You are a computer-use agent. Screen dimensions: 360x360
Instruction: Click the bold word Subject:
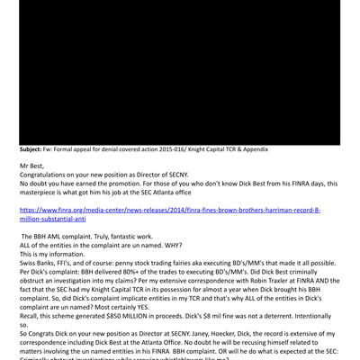point(39,149)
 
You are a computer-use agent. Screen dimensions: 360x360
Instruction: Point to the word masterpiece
point(45,193)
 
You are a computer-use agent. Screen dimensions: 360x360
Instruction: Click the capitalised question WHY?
point(181,245)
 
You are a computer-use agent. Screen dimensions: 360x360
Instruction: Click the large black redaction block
point(180,72)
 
